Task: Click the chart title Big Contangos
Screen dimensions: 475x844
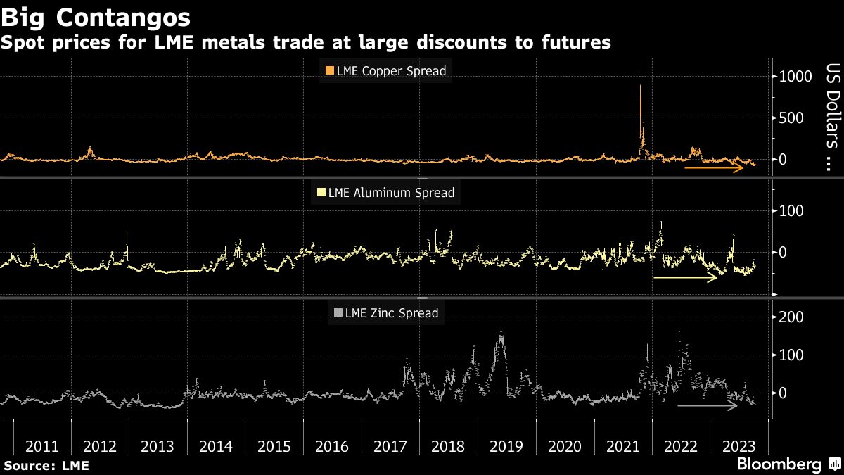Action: [x=96, y=15]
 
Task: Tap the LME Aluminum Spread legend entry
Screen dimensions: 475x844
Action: [x=386, y=192]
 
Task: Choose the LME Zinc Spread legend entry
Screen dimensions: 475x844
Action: [x=385, y=313]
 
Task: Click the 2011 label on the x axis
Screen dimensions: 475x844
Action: [x=42, y=446]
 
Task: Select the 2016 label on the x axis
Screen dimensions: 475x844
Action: [x=332, y=446]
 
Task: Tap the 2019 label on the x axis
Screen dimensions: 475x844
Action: [x=506, y=446]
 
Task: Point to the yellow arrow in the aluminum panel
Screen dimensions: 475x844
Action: [x=685, y=278]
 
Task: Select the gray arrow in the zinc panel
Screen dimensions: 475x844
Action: [x=708, y=406]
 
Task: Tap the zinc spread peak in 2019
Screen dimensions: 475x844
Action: [x=500, y=335]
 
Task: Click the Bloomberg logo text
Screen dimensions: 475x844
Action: [x=779, y=464]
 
